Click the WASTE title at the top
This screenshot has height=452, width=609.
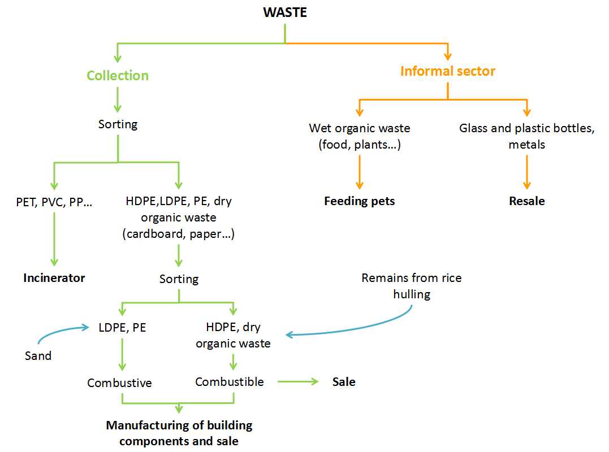point(285,12)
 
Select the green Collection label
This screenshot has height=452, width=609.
point(118,76)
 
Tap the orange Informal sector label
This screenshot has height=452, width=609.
point(448,71)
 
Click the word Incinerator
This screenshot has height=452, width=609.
point(54,278)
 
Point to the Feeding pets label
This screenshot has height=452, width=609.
point(360,201)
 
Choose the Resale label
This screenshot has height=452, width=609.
point(527,201)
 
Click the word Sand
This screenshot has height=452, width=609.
point(38,356)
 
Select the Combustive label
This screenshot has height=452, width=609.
point(119,383)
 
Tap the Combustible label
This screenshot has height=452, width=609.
point(230,382)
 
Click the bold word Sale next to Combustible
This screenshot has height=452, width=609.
point(344,382)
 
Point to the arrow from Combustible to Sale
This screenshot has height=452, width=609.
point(298,382)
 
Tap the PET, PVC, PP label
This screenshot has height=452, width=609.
point(54,201)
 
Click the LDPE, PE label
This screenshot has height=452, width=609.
point(122,327)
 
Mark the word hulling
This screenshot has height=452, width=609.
point(412,294)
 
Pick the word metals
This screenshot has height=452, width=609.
point(527,145)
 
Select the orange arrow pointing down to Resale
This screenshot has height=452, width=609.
point(527,172)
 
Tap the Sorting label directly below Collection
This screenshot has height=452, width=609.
point(118,124)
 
